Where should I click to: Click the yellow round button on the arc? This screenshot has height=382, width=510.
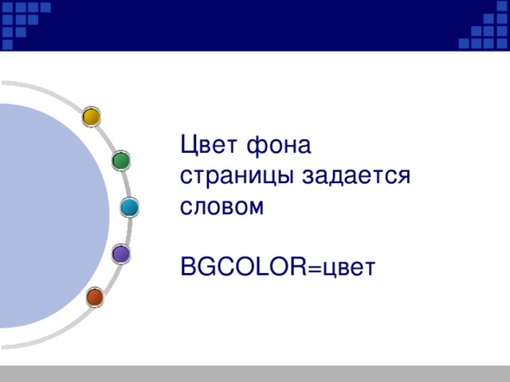point(92,117)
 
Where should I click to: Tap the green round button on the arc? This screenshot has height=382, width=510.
point(121,161)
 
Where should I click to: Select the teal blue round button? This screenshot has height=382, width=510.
point(130,207)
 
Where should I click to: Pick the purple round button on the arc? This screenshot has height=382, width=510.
point(121,254)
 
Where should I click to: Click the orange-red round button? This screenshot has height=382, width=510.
point(95,298)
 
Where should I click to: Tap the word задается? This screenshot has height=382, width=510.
point(355,177)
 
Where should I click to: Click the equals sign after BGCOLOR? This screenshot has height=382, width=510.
point(313,267)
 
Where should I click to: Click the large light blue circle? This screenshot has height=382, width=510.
point(48,215)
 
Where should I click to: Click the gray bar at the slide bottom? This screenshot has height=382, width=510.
point(255,373)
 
